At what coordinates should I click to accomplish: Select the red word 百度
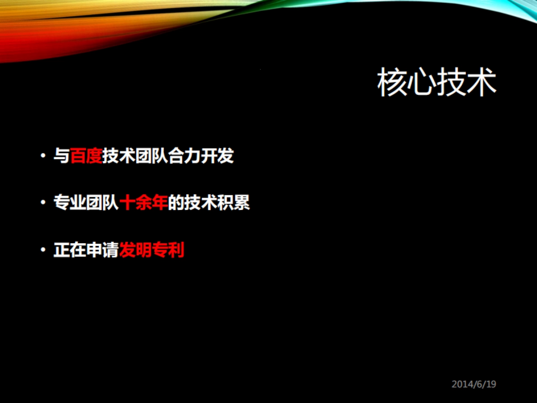pyautogui.click(x=86, y=156)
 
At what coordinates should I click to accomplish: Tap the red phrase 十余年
pyautogui.click(x=144, y=203)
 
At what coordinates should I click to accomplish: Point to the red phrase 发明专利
pyautogui.click(x=152, y=250)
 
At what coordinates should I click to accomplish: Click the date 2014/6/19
pyautogui.click(x=474, y=384)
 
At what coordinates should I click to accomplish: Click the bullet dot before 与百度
pyautogui.click(x=43, y=156)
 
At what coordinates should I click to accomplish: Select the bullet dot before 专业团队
pyautogui.click(x=43, y=203)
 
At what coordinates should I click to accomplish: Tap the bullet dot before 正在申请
pyautogui.click(x=43, y=250)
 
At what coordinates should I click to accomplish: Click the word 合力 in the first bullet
pyautogui.click(x=185, y=156)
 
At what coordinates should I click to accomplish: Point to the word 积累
pyautogui.click(x=234, y=203)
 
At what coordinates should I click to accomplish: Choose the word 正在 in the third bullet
pyautogui.click(x=70, y=250)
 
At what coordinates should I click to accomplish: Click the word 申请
pyautogui.click(x=102, y=250)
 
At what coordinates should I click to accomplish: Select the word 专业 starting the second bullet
pyautogui.click(x=70, y=203)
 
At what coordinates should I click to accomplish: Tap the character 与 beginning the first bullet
pyautogui.click(x=62, y=156)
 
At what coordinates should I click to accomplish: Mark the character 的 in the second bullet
pyautogui.click(x=176, y=203)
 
